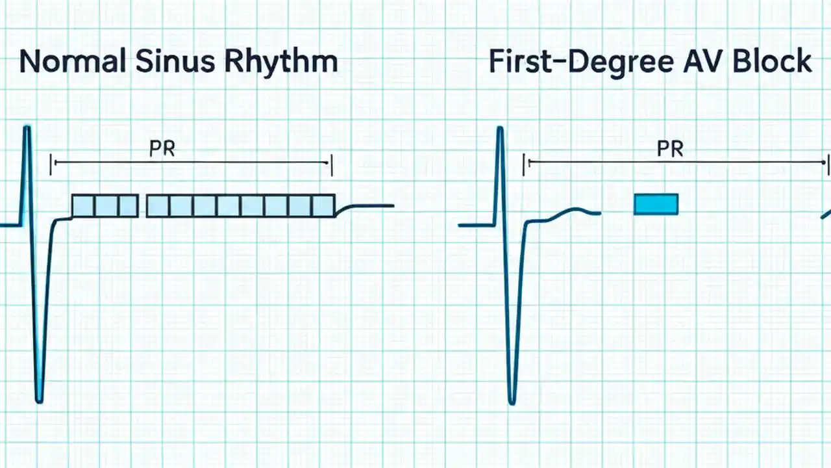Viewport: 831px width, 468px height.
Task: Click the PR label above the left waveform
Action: click(x=162, y=149)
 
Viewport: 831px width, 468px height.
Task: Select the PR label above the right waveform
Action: click(x=670, y=149)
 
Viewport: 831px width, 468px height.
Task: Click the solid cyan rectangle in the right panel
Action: click(x=656, y=204)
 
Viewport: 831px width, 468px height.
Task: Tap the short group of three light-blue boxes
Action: click(x=105, y=205)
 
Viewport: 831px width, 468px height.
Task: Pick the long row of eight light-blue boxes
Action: click(x=240, y=205)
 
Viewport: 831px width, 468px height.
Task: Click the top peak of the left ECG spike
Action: click(x=27, y=128)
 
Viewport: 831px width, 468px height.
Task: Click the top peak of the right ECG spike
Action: click(x=500, y=129)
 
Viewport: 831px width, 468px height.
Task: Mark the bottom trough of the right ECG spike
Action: click(x=512, y=402)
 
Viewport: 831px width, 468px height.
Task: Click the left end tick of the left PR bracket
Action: click(x=51, y=164)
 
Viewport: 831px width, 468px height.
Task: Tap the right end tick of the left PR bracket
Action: click(x=332, y=164)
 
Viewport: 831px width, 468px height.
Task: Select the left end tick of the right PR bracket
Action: click(x=525, y=164)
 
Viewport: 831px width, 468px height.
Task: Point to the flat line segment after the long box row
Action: click(x=370, y=205)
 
